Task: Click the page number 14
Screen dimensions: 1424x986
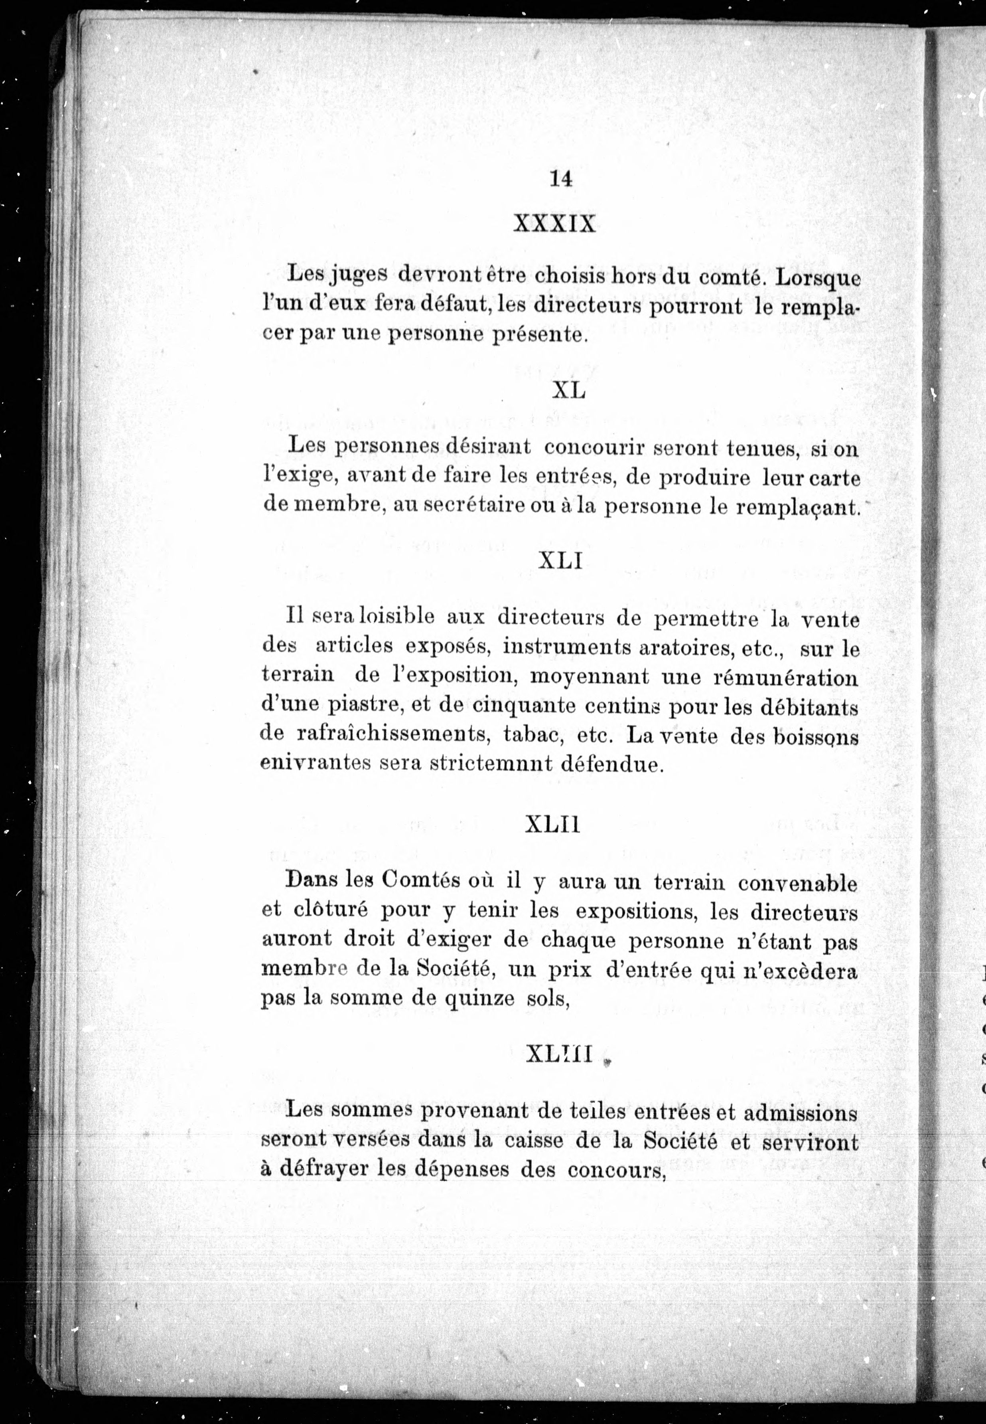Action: pos(560,179)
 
